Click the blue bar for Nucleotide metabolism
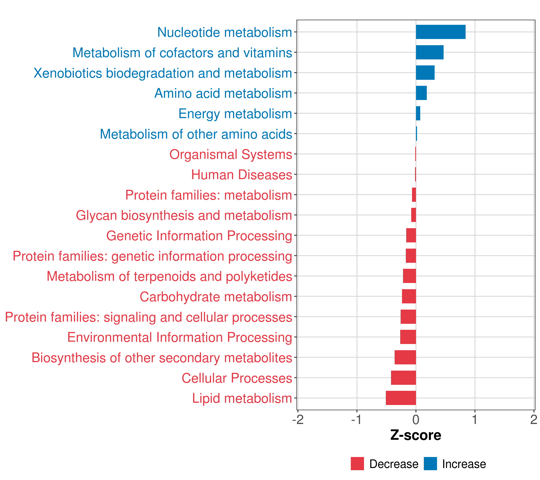point(440,32)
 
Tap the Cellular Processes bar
point(403,378)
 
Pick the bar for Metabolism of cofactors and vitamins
point(430,52)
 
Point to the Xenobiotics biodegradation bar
point(425,73)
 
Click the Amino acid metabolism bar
point(421,93)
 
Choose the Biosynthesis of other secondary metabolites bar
point(405,357)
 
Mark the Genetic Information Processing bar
point(411,235)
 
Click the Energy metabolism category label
point(235,114)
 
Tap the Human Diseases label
point(241,175)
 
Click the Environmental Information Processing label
point(180,338)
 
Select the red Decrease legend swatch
point(357,464)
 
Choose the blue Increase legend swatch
point(430,464)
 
